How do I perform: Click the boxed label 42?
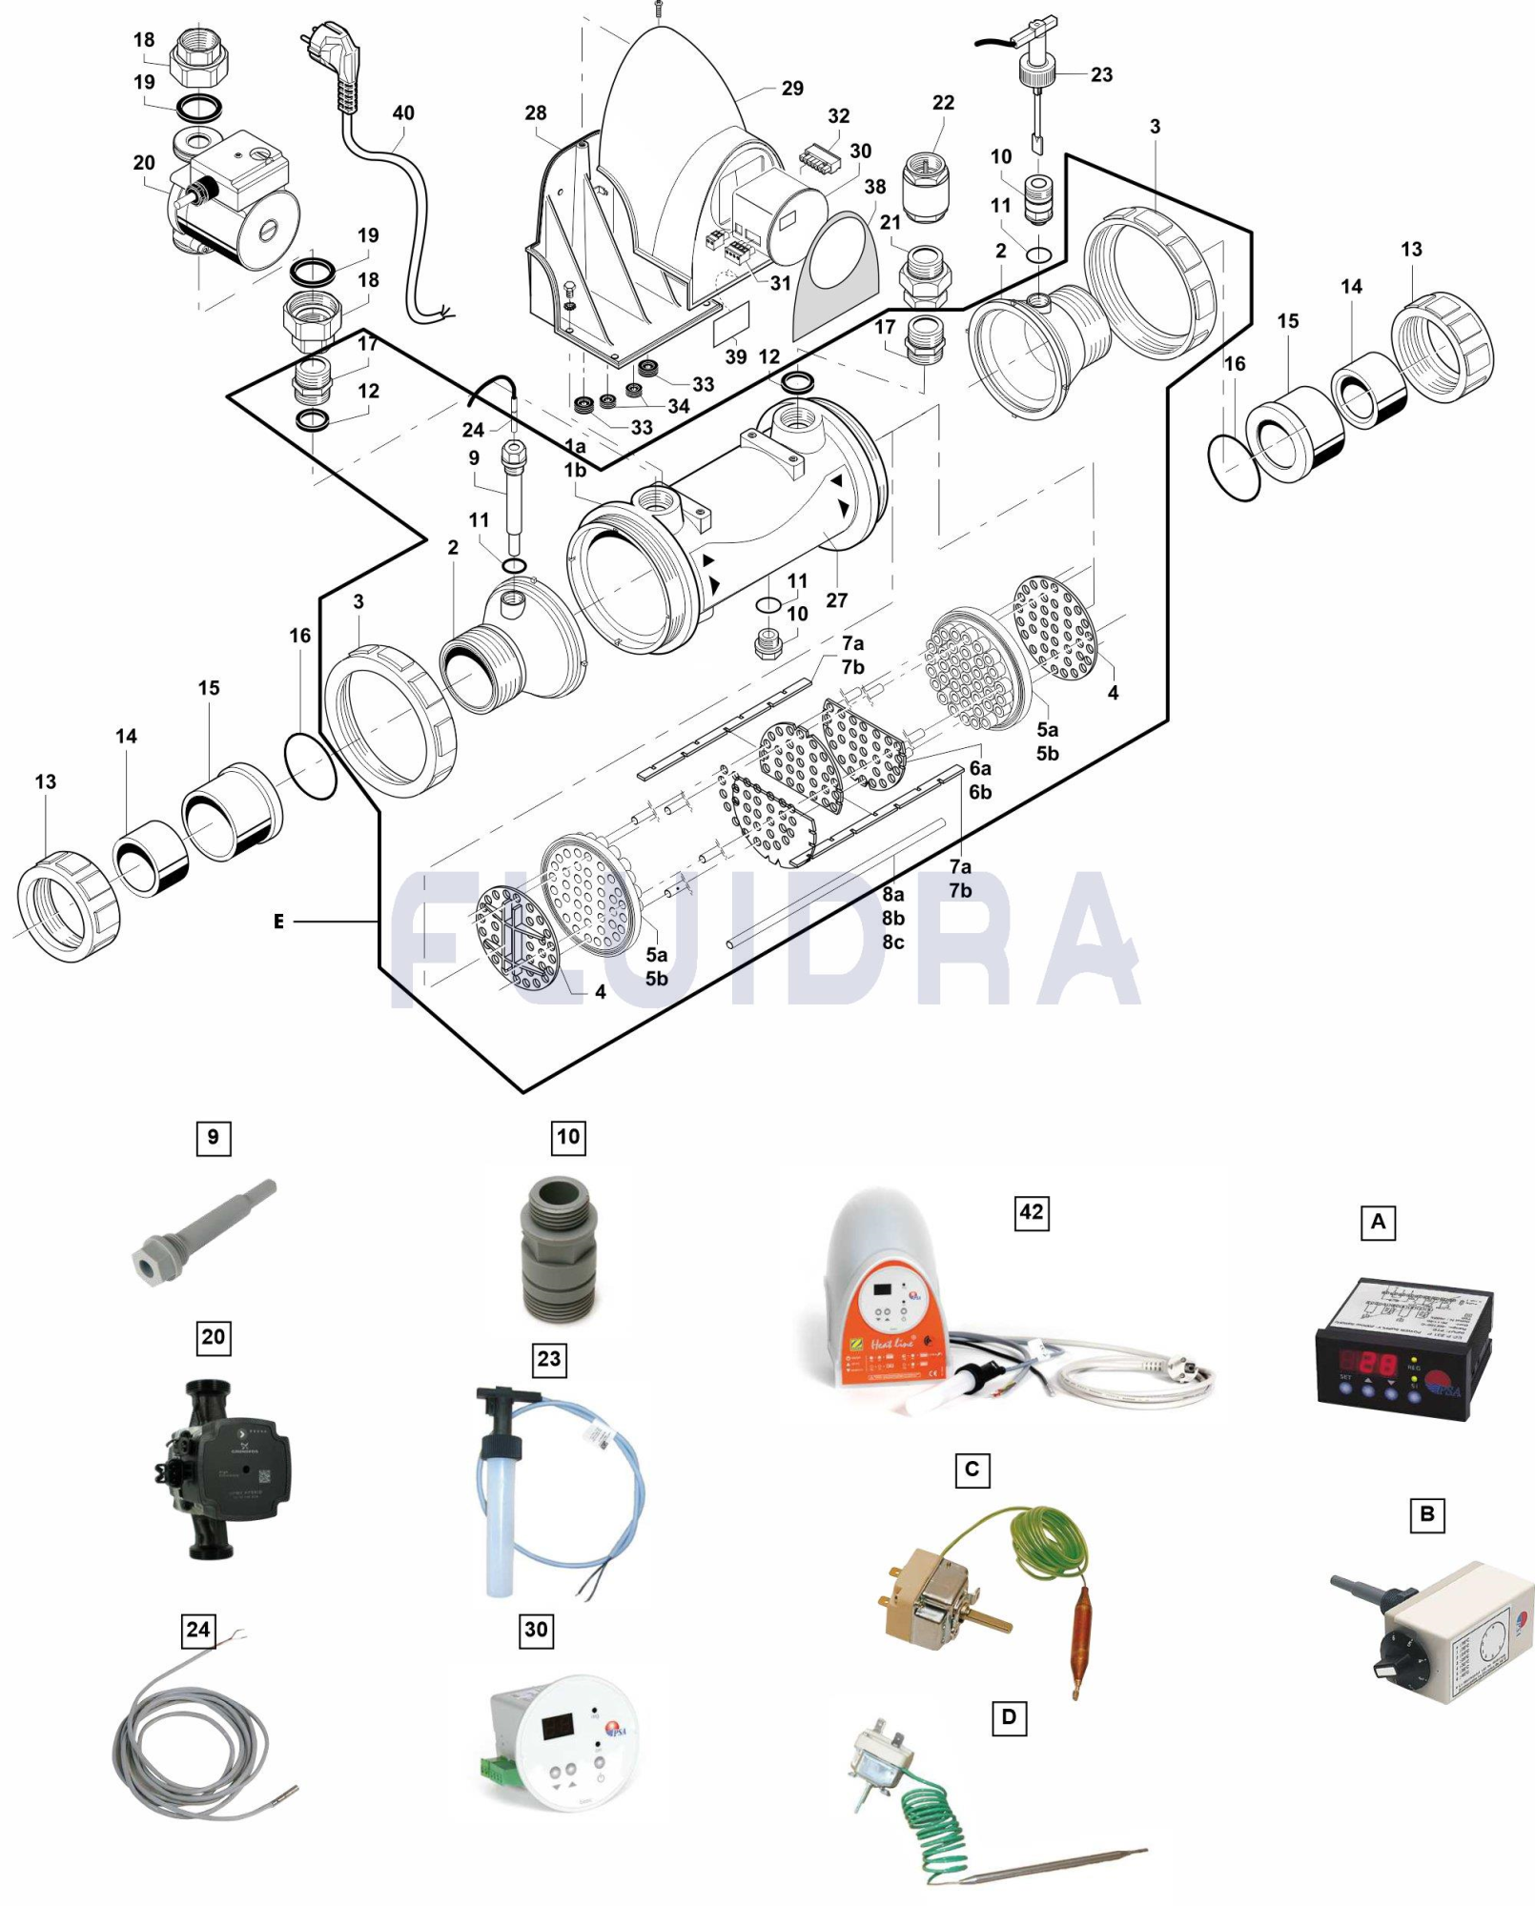point(1031,1212)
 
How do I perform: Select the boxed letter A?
point(1377,1222)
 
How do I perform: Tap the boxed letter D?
point(1008,1718)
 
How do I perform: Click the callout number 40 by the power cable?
point(403,112)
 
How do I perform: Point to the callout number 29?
point(792,88)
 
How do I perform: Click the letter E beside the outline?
point(278,922)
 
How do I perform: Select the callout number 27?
point(836,600)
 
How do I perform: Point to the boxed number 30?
point(536,1629)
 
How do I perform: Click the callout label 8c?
point(892,942)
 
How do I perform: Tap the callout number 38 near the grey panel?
point(874,187)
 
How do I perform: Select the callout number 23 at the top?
point(1101,74)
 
